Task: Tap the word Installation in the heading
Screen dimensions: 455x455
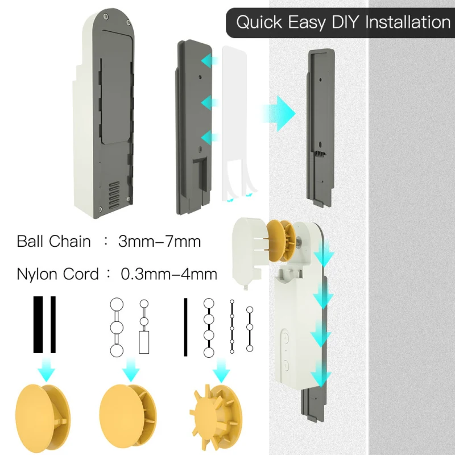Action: (408, 23)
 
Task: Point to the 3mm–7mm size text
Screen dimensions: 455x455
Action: (159, 241)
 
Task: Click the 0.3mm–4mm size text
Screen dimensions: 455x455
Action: (169, 274)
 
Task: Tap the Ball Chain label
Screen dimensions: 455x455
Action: (53, 241)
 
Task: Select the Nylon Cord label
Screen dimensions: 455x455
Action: (57, 274)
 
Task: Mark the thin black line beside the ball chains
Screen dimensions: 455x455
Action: (185, 327)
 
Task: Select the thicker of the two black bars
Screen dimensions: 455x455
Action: (38, 325)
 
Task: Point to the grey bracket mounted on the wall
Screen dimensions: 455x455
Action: (320, 128)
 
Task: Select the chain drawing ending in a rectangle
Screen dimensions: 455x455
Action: (143, 328)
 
